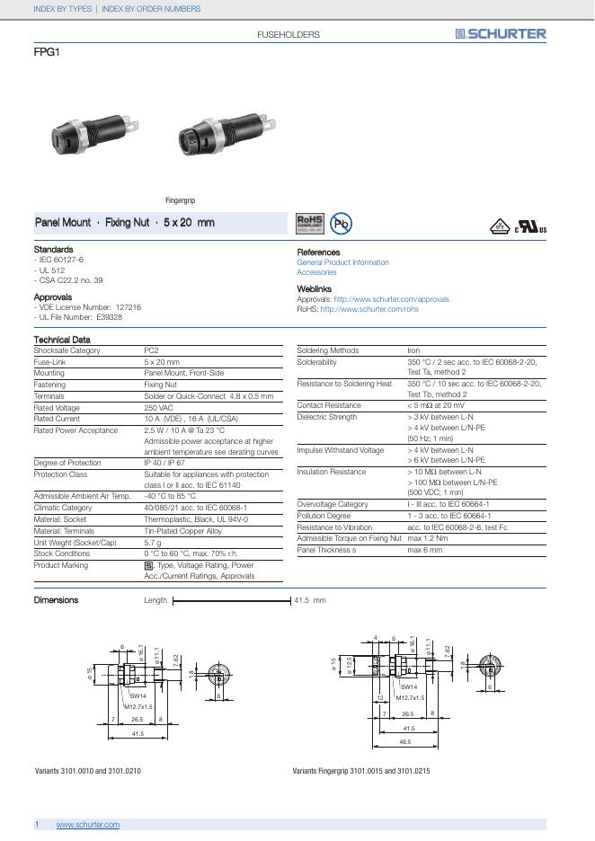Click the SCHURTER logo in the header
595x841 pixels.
(x=500, y=34)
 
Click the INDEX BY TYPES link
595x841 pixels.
(x=62, y=9)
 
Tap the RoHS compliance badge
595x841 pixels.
(x=309, y=223)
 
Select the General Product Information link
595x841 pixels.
(x=342, y=262)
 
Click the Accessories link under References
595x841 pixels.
(x=316, y=272)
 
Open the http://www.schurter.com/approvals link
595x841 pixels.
(x=391, y=299)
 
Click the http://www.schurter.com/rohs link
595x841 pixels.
(x=369, y=309)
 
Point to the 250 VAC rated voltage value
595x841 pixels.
(x=159, y=407)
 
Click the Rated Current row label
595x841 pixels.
(x=57, y=419)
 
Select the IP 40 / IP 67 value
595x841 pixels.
(x=164, y=463)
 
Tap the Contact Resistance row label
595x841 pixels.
(x=329, y=405)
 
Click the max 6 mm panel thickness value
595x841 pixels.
(x=425, y=549)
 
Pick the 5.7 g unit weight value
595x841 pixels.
(x=152, y=543)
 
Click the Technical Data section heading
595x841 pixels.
(x=62, y=340)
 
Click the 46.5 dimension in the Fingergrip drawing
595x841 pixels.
(x=405, y=743)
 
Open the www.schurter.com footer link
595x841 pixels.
(x=87, y=825)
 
